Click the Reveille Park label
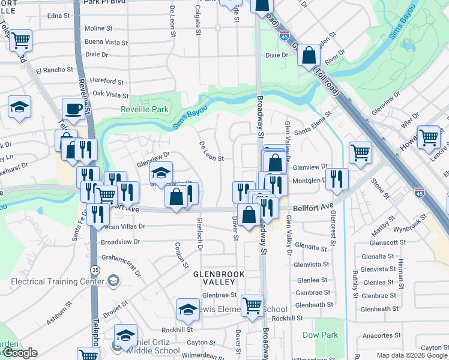[x=144, y=110]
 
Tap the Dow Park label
[x=320, y=335]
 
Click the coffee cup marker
[x=74, y=109]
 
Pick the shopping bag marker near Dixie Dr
[x=308, y=55]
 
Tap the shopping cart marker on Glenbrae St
[x=252, y=305]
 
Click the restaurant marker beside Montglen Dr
[x=337, y=178]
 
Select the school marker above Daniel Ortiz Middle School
[x=125, y=335]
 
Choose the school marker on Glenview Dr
[x=160, y=173]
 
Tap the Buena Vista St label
[x=106, y=43]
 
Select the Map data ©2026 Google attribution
[x=412, y=355]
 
